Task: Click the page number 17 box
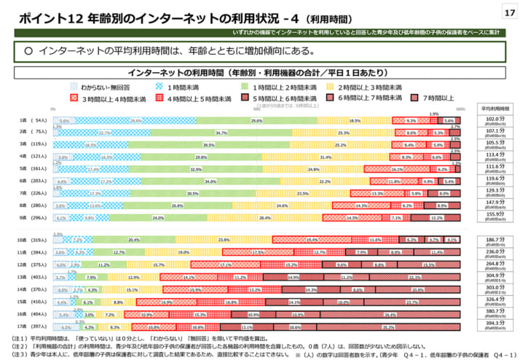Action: [507, 13]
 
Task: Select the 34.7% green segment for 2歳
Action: [221, 133]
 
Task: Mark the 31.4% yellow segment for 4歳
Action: [326, 157]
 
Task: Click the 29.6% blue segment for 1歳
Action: [135, 121]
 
